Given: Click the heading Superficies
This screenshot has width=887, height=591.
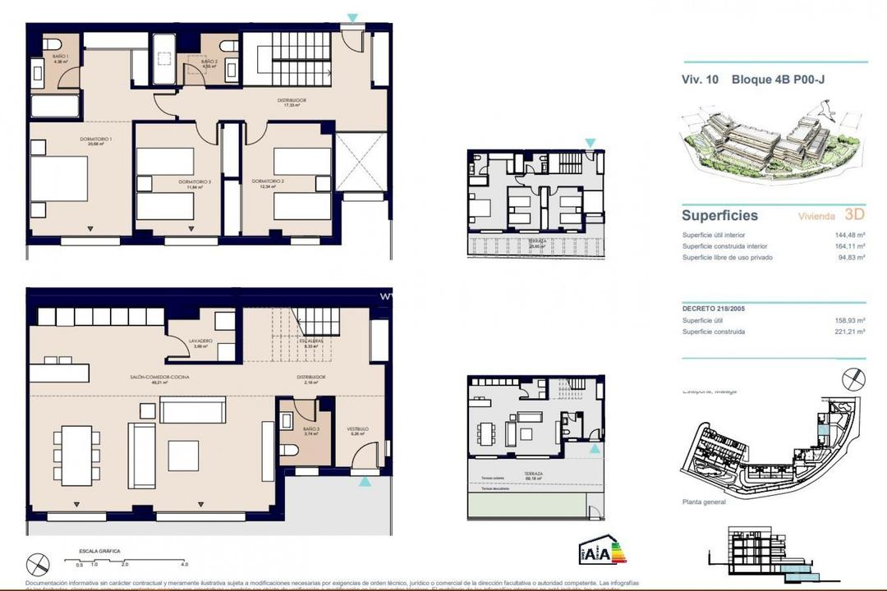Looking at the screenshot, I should click(x=719, y=216).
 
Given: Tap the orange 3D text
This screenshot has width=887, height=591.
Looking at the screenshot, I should click(x=855, y=215).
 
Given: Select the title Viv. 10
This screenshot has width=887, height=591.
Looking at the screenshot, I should click(x=700, y=80).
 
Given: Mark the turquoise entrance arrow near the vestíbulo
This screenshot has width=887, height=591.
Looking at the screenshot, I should click(x=365, y=483).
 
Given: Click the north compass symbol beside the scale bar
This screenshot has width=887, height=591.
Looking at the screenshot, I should click(x=38, y=565).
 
